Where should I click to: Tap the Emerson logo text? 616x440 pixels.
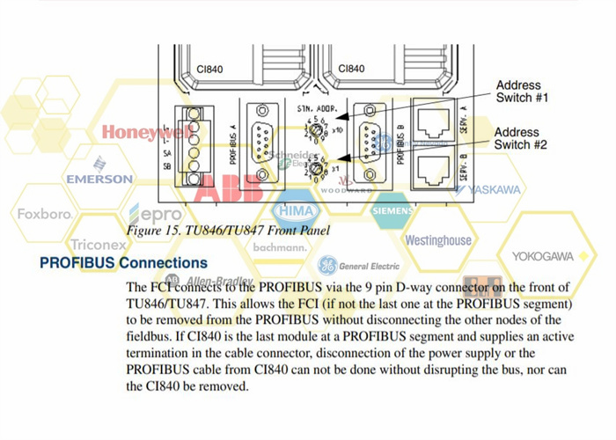[x=99, y=178]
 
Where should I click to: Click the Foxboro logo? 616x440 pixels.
[x=44, y=214]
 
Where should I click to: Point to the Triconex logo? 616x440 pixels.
[x=99, y=245]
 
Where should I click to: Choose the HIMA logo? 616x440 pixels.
[x=297, y=212]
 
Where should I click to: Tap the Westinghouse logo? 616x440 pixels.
[x=437, y=239]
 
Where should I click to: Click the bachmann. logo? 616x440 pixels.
[x=280, y=248]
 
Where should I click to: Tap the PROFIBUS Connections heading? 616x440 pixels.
[x=123, y=263]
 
